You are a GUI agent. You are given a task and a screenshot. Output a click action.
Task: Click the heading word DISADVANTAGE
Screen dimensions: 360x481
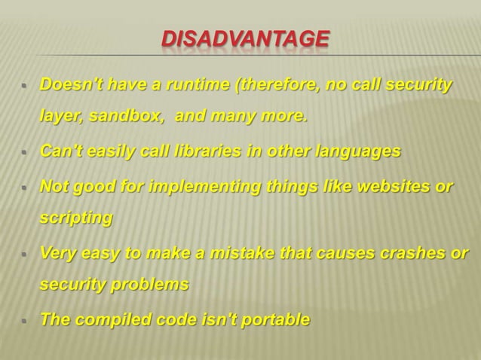(x=246, y=37)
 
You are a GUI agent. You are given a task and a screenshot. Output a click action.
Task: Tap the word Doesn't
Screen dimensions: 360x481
(x=66, y=84)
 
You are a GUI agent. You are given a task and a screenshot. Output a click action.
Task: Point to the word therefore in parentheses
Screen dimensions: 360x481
(x=277, y=84)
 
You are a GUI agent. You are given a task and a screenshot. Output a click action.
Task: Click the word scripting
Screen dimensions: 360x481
(x=76, y=219)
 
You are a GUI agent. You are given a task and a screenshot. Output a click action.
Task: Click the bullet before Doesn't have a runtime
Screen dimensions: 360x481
(x=24, y=86)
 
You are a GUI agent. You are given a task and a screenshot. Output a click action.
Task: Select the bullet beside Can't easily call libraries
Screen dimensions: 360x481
(x=24, y=152)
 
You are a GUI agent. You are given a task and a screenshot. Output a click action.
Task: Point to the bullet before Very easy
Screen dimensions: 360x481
(x=24, y=254)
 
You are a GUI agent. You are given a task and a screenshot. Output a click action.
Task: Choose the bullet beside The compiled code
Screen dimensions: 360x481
(x=24, y=321)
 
